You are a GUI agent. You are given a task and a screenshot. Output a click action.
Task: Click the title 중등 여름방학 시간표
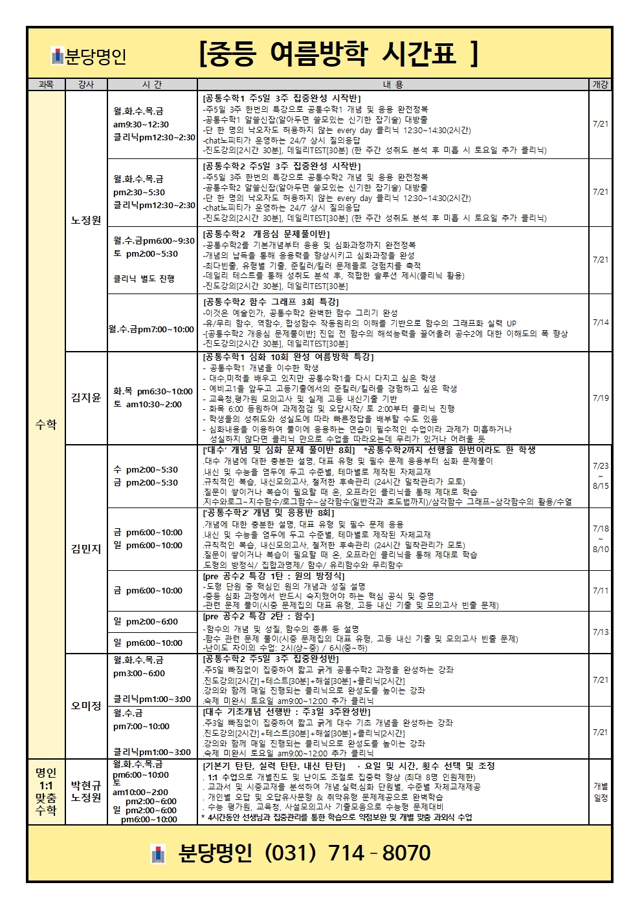338,54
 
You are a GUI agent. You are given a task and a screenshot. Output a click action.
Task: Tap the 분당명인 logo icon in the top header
58,57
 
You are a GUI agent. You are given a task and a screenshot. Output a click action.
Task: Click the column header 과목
46,85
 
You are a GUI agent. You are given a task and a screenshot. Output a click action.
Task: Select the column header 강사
86,85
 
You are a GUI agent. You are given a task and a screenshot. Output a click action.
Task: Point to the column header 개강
601,85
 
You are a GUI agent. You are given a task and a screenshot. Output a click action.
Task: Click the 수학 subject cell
46,424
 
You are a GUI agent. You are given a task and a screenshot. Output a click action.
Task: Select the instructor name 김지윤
86,398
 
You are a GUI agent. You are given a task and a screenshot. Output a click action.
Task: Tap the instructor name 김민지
86,549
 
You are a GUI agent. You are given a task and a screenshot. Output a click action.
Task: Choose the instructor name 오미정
86,705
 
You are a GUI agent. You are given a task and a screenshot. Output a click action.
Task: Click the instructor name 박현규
86,785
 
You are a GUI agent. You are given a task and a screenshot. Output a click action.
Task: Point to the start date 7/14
601,322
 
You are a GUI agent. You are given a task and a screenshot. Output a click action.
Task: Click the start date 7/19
601,398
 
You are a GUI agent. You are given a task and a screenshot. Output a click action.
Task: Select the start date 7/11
601,590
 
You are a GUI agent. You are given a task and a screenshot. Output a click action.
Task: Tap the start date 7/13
601,632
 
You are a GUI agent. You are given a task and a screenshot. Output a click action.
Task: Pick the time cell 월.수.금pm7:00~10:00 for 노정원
152,329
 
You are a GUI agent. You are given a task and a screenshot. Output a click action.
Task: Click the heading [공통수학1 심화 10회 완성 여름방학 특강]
288,357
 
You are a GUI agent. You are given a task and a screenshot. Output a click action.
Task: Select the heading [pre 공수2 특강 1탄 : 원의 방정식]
274,575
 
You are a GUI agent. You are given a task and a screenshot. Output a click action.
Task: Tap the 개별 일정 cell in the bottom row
601,791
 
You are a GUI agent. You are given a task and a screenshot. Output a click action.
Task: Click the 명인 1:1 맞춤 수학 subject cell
46,791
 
